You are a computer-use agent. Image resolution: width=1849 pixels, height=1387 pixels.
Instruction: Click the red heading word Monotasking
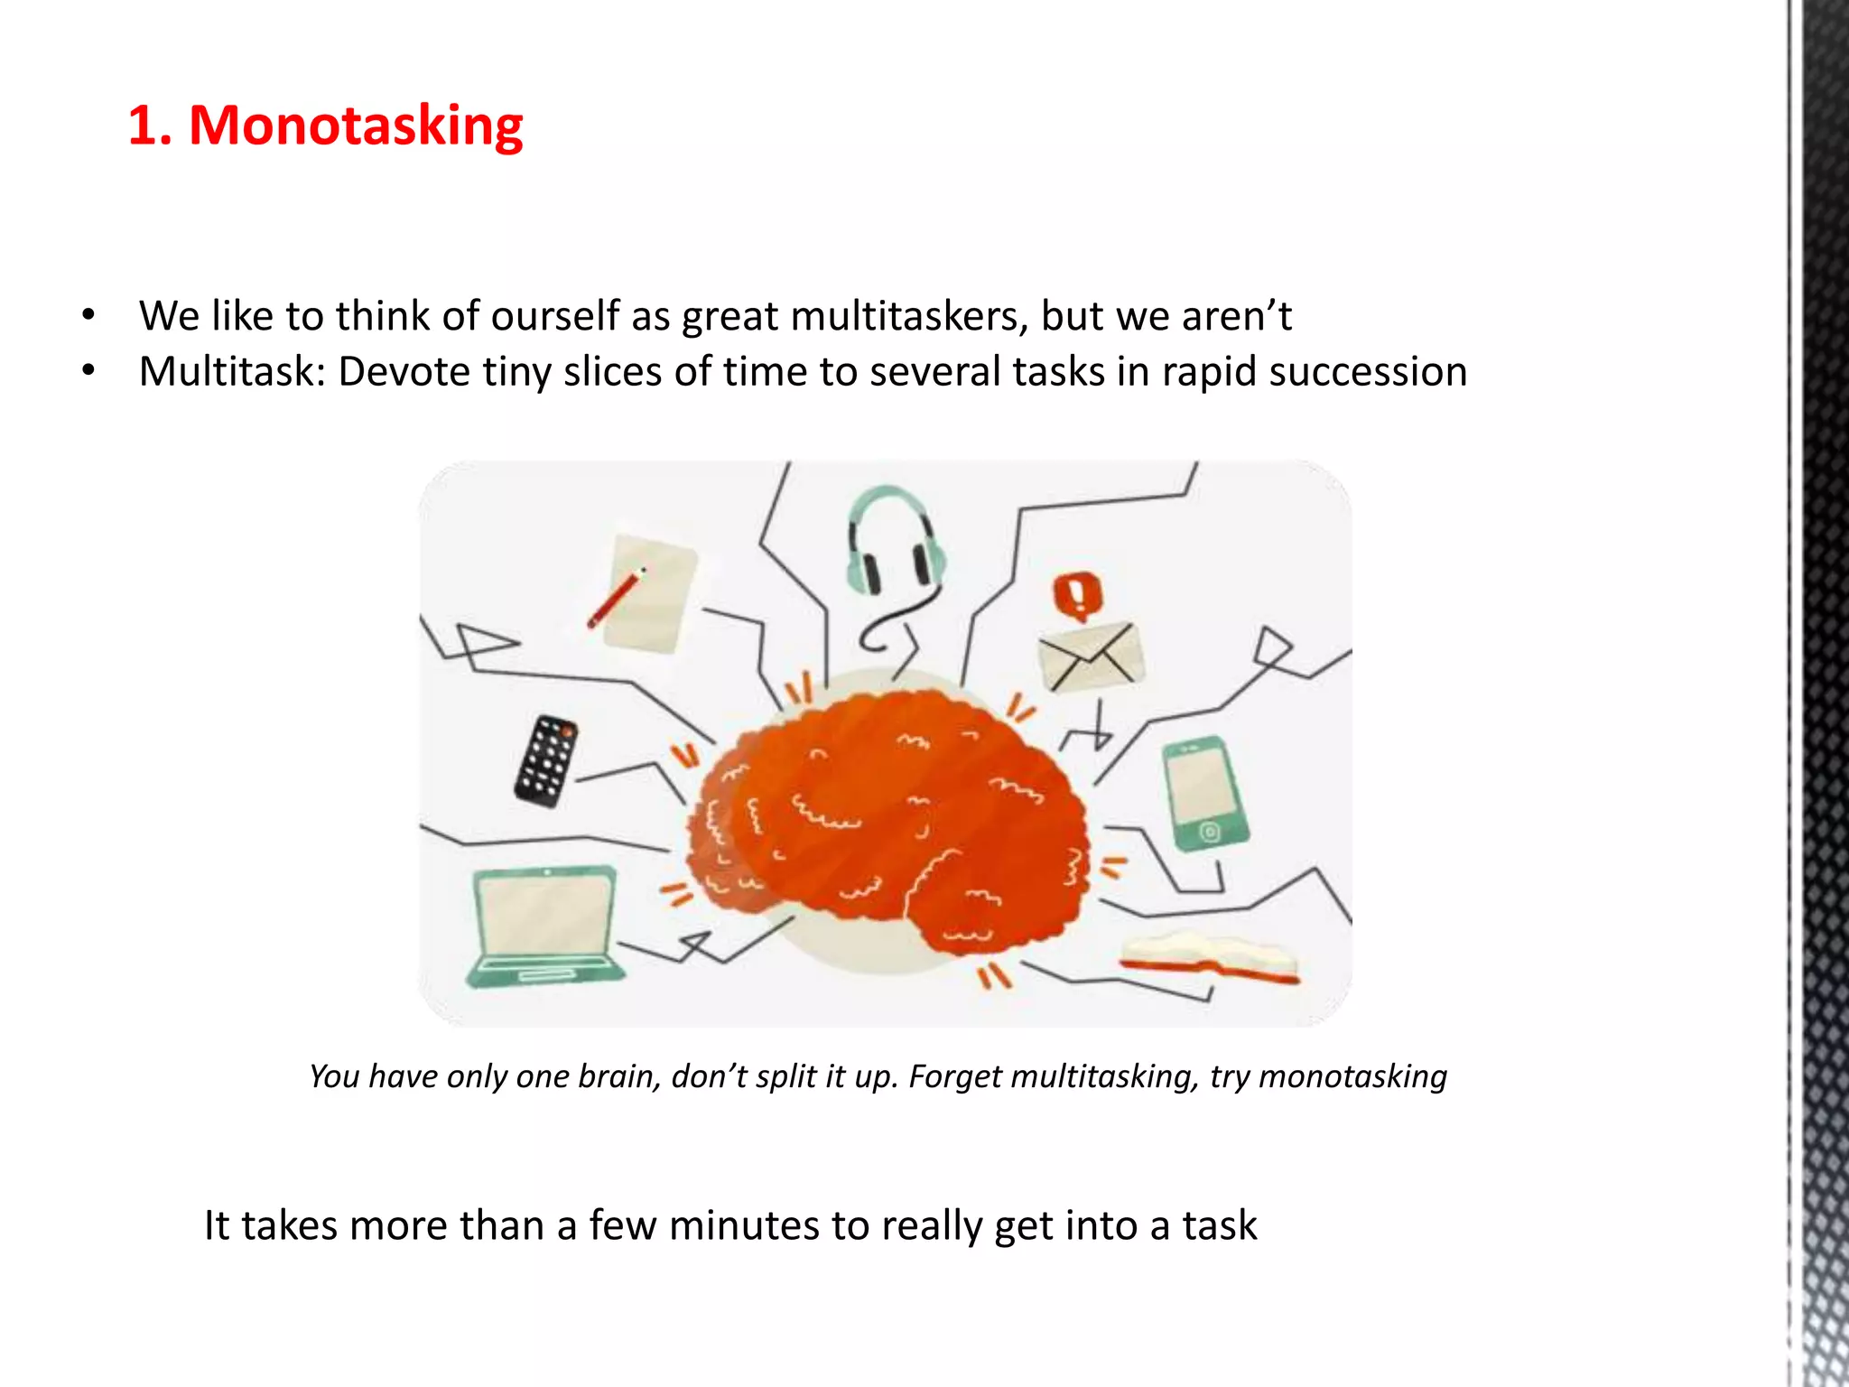[x=356, y=126]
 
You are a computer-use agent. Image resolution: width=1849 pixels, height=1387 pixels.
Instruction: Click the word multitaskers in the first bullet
[x=909, y=317]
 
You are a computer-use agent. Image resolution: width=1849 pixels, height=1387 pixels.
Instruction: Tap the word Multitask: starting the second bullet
[x=232, y=373]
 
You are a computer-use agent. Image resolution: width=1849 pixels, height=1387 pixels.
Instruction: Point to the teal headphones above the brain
[x=894, y=542]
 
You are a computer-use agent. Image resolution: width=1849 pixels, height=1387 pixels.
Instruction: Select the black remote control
[x=546, y=760]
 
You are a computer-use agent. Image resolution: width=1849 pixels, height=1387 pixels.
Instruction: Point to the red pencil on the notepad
[x=616, y=598]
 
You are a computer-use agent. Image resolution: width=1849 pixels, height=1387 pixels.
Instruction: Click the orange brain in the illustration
[x=889, y=822]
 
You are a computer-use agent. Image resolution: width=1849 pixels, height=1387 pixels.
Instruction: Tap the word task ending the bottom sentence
[x=1219, y=1226]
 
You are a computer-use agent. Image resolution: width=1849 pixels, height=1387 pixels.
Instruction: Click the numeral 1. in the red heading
[x=149, y=126]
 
